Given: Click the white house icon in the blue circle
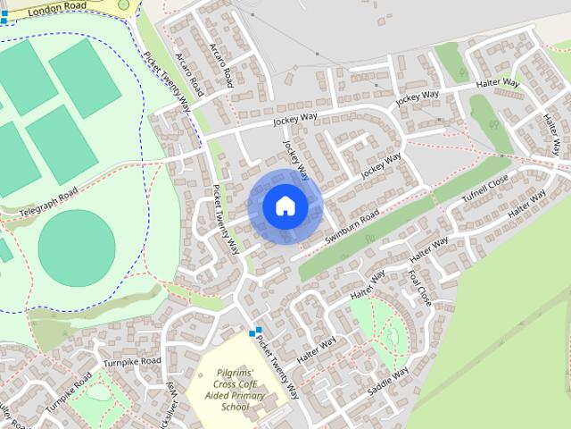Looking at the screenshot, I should pos(285,206).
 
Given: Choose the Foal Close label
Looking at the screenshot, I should pos(418,288).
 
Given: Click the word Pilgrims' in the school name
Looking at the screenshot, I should pos(234,373).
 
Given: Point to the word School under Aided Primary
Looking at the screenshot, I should pos(235,408).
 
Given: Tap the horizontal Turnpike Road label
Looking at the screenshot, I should pos(131,362).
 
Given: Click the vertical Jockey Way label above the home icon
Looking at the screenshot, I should pos(295,158).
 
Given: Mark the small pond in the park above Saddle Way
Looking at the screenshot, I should pos(392,337).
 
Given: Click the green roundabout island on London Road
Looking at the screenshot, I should pos(123,4).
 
